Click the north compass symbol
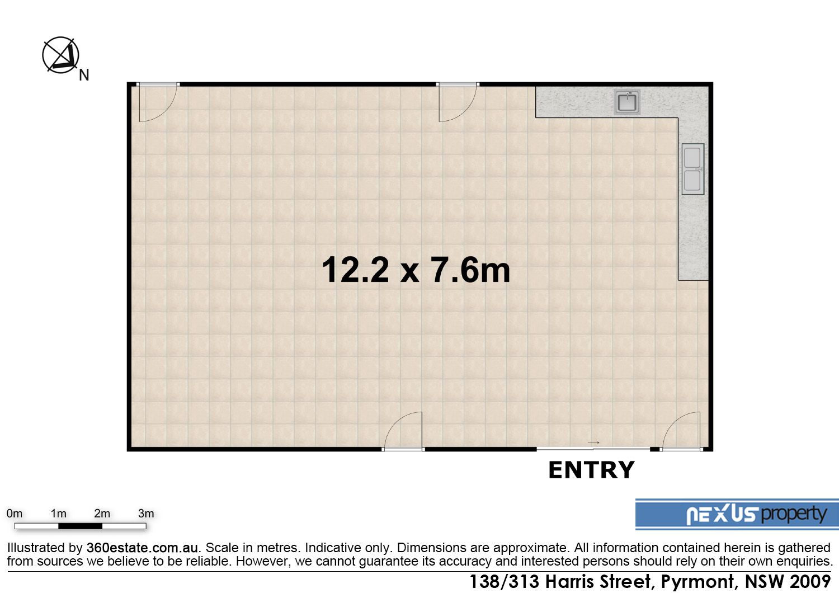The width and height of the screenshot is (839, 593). pyautogui.click(x=60, y=55)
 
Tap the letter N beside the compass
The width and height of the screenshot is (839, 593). pyautogui.click(x=84, y=76)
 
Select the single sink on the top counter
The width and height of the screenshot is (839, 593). pyautogui.click(x=627, y=102)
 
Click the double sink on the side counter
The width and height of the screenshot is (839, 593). pyautogui.click(x=692, y=169)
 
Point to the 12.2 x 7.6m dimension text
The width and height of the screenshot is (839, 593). pyautogui.click(x=416, y=270)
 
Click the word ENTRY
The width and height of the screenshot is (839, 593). pyautogui.click(x=591, y=470)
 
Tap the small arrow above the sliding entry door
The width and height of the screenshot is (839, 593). pyautogui.click(x=593, y=443)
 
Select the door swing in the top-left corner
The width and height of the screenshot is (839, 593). pyautogui.click(x=158, y=102)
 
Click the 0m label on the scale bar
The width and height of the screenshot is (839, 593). pyautogui.click(x=14, y=513)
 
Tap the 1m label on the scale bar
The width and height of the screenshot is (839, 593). pyautogui.click(x=58, y=513)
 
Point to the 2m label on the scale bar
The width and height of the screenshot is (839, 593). pyautogui.click(x=102, y=513)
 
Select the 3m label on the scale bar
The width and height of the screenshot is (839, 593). pyautogui.click(x=146, y=513)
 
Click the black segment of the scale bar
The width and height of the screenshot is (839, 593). pyautogui.click(x=80, y=526)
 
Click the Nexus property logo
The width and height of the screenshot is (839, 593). pyautogui.click(x=737, y=514)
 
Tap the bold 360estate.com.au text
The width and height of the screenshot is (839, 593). pyautogui.click(x=142, y=548)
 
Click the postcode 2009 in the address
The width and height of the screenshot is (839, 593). pyautogui.click(x=810, y=581)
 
